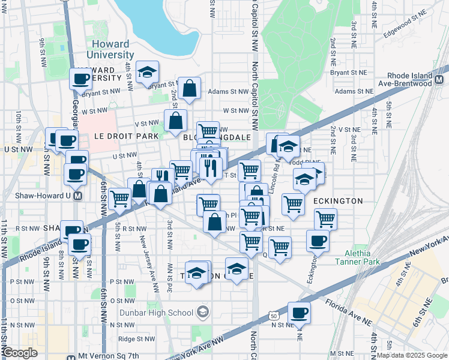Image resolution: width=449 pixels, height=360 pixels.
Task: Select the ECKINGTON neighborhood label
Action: (x=337, y=201)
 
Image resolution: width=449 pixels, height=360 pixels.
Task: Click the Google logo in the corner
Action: (x=20, y=353)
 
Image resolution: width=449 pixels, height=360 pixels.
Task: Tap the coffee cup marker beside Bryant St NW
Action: (x=80, y=79)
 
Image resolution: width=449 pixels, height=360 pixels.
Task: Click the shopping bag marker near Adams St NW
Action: (x=190, y=89)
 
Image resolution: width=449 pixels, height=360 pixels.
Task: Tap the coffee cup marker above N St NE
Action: (x=299, y=313)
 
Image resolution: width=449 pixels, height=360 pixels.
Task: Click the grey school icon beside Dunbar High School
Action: (x=203, y=312)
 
